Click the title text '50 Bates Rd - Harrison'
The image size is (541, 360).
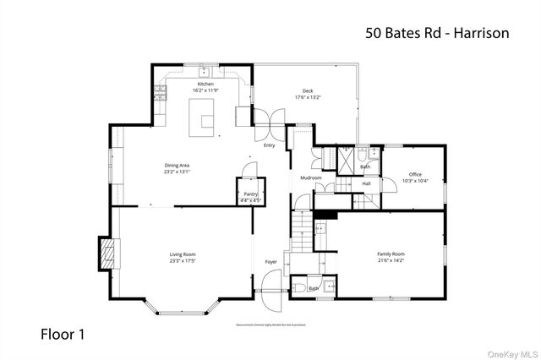(x=437, y=34)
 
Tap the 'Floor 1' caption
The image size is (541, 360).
(x=63, y=334)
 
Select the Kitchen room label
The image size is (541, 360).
(x=205, y=85)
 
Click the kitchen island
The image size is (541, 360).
(x=203, y=116)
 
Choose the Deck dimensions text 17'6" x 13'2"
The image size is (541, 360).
(x=309, y=97)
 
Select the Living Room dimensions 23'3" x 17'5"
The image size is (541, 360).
(x=183, y=261)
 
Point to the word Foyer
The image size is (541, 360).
(x=270, y=262)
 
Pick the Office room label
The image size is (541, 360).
(x=415, y=174)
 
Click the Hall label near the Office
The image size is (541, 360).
(x=367, y=183)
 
